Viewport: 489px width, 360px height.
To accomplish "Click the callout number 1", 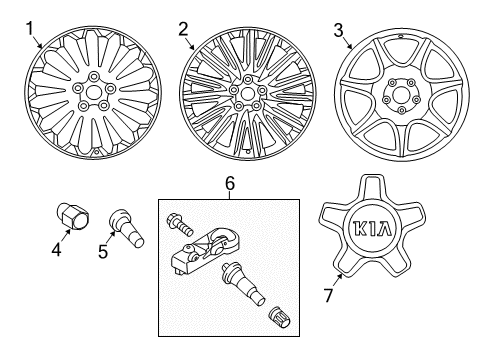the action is point(30,29).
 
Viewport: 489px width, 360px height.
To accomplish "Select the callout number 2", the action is point(183,29).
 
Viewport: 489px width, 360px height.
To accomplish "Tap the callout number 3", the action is point(338,30).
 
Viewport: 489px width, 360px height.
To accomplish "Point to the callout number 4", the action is point(56,249).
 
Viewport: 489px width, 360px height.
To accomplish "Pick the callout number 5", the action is point(103,251).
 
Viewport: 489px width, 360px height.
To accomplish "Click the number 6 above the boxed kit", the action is point(230,183).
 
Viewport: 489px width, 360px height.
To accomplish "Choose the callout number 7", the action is point(329,295).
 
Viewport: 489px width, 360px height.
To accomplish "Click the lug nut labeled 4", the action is point(73,216).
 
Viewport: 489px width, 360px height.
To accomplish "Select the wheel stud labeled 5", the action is point(126,228).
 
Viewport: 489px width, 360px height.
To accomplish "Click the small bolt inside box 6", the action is point(179,224).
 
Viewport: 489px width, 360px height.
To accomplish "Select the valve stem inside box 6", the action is point(243,282).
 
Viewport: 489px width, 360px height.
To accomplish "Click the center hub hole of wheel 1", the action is point(93,91).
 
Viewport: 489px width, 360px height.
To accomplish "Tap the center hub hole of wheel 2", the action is point(247,93).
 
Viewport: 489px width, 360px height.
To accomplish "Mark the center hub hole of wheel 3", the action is point(400,96).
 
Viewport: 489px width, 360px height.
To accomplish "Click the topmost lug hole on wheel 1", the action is point(94,76).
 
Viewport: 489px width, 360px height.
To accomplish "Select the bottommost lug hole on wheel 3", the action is point(402,111).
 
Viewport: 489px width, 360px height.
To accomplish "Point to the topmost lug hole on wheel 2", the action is point(247,79).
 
